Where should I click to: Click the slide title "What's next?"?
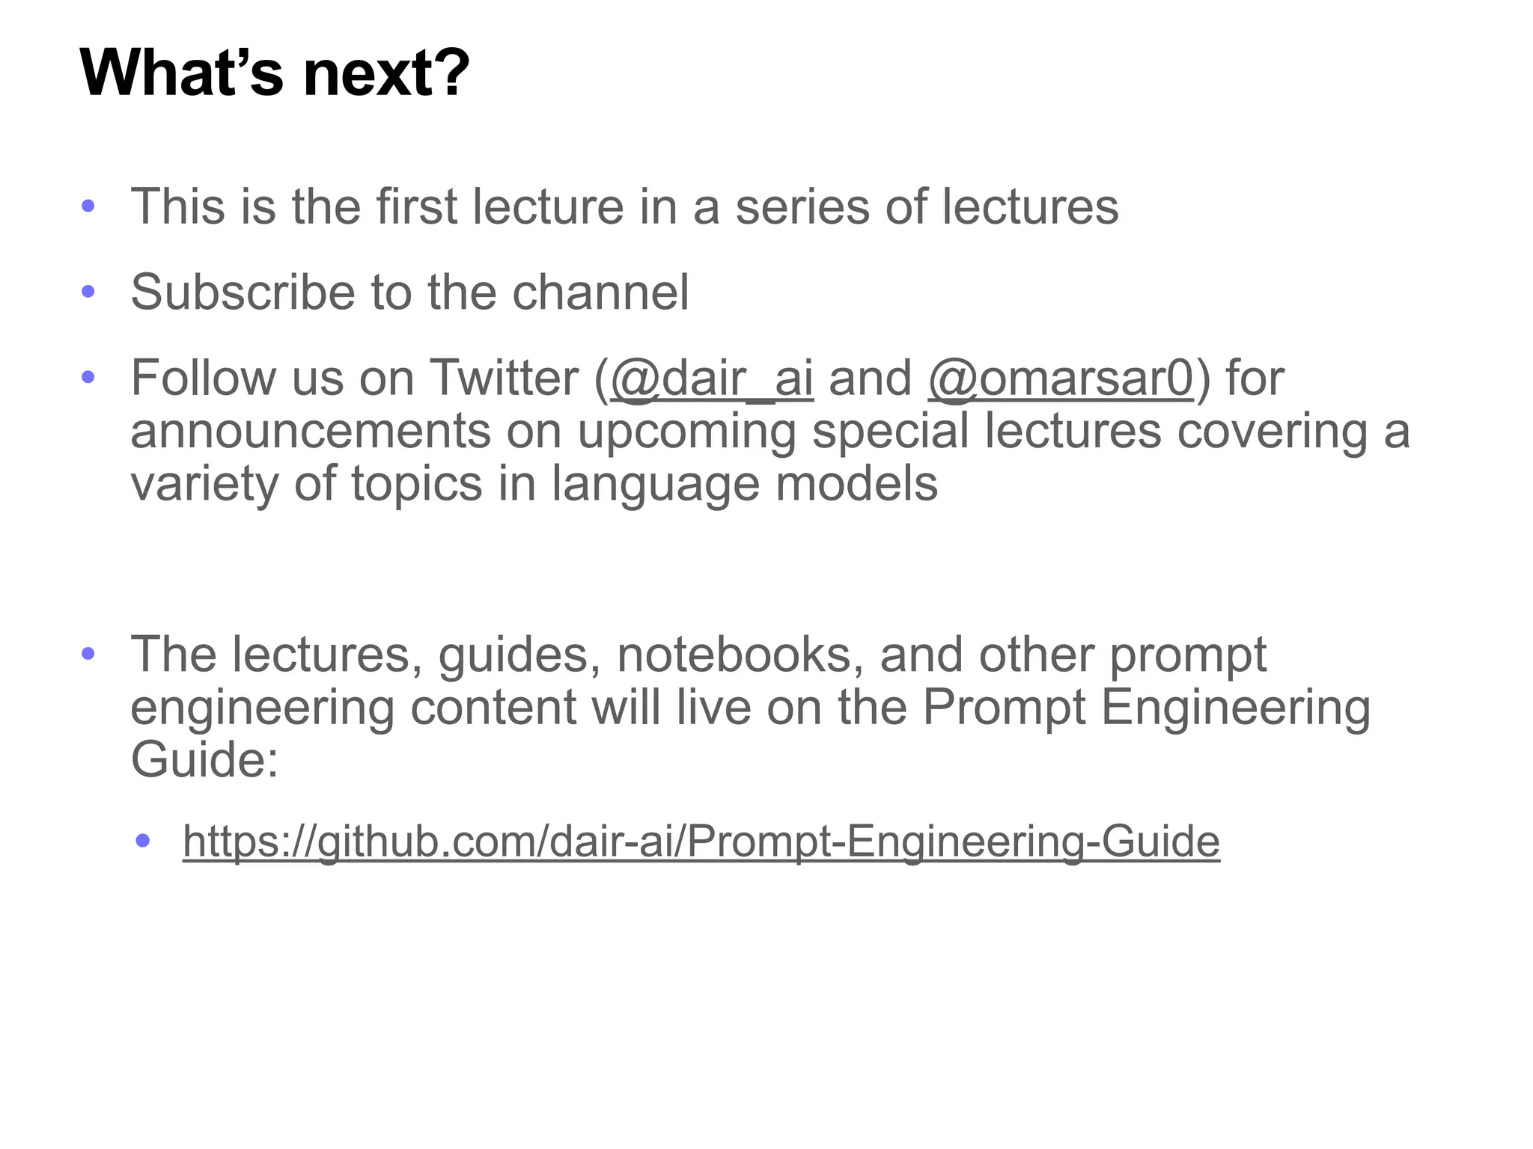(274, 73)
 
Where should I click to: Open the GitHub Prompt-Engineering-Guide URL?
(701, 841)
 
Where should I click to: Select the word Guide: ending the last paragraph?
(204, 759)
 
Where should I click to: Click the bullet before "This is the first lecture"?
(88, 206)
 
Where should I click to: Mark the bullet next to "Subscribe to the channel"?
(88, 292)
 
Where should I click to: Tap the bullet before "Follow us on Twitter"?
(88, 377)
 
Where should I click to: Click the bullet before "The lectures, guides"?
(88, 655)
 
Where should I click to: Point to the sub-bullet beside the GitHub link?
(143, 841)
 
